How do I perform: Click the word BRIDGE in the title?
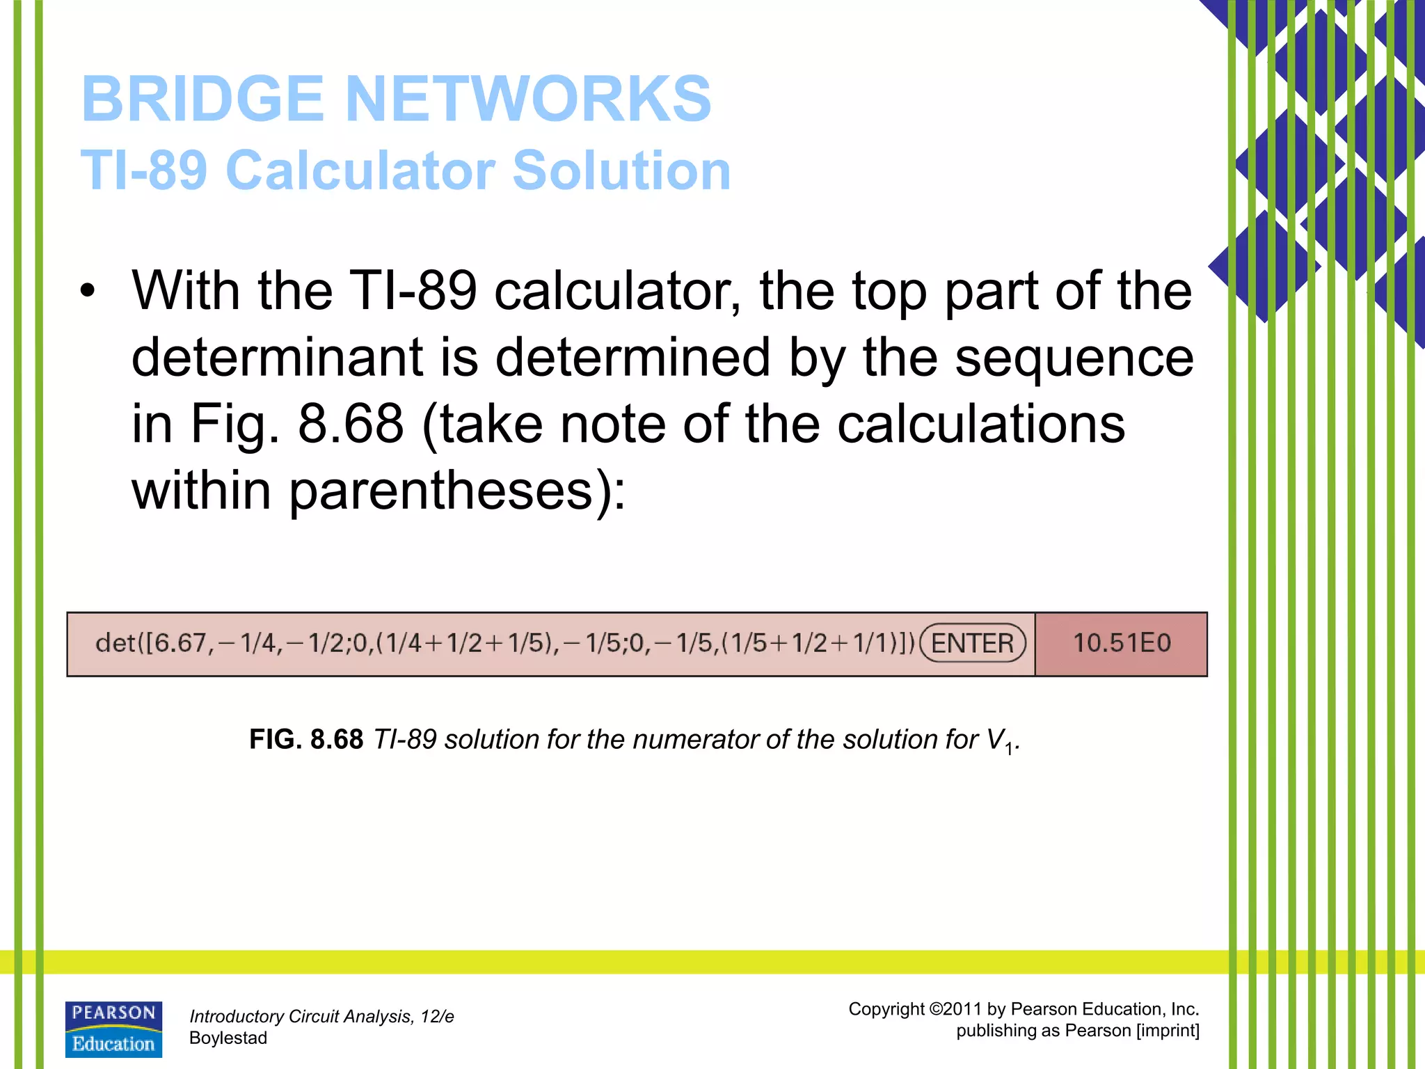(x=202, y=99)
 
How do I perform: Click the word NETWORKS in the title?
(x=528, y=99)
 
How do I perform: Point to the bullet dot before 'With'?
(x=86, y=291)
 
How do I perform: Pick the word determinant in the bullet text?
(x=277, y=358)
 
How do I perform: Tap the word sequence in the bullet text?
(x=1074, y=358)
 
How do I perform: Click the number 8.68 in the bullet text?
(x=351, y=424)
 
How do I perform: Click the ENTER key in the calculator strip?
(x=972, y=643)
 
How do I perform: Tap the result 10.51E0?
(x=1122, y=643)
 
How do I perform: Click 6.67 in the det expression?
(x=180, y=643)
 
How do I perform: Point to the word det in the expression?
(x=116, y=643)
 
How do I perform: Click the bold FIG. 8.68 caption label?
(x=306, y=739)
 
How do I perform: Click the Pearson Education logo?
(x=113, y=1029)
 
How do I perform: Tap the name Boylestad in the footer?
(x=228, y=1038)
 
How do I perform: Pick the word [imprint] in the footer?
(x=1168, y=1031)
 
